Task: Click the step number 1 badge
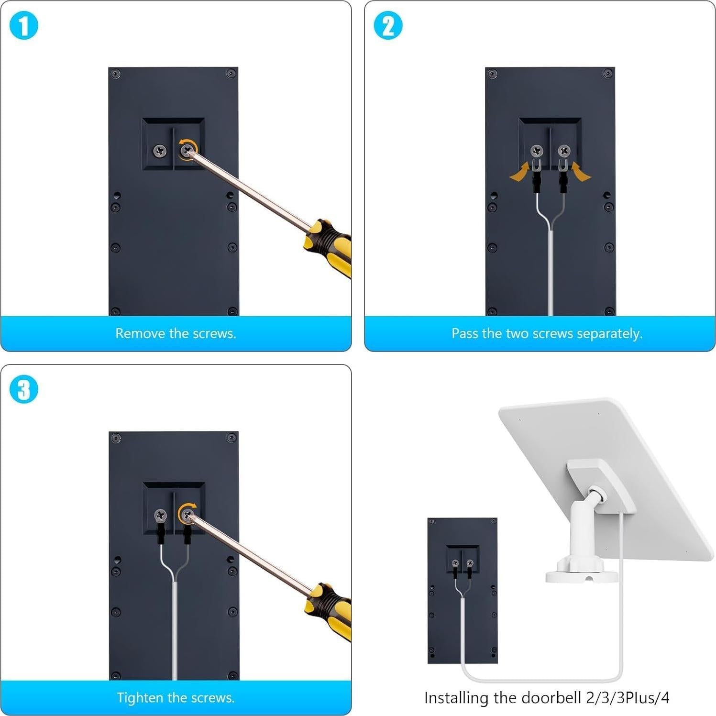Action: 23,26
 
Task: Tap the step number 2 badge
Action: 387,26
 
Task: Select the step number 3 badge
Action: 23,389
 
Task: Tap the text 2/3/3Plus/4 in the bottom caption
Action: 628,698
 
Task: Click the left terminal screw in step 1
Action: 160,151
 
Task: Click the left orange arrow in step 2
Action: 520,173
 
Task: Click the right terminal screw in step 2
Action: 564,151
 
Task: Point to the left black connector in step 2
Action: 537,182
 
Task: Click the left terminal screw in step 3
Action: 160,516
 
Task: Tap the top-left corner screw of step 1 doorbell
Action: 115,74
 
